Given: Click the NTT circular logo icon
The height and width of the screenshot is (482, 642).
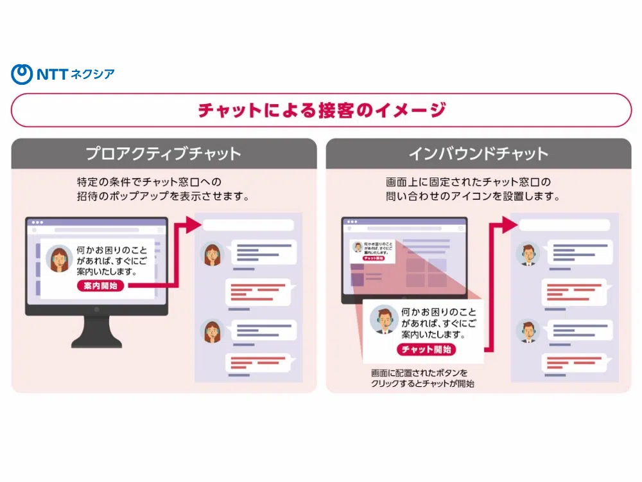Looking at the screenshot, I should click(21, 74).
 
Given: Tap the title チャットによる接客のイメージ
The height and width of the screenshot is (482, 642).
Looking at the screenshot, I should click(321, 110).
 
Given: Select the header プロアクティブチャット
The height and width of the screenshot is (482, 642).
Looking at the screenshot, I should click(164, 154).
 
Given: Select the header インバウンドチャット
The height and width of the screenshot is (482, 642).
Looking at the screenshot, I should click(478, 154).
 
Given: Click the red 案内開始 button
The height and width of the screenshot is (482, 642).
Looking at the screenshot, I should click(101, 286).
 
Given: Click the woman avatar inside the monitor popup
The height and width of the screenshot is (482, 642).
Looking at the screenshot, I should click(59, 258).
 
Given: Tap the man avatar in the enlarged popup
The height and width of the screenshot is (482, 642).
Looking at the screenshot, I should click(384, 319).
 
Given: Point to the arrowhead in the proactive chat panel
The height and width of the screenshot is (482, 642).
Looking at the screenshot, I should click(191, 225).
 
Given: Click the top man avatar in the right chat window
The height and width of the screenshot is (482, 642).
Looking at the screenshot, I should click(528, 254).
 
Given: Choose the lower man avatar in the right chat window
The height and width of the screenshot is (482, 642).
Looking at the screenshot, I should click(528, 332).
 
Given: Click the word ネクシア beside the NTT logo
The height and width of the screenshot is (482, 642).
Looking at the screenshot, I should click(94, 74).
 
